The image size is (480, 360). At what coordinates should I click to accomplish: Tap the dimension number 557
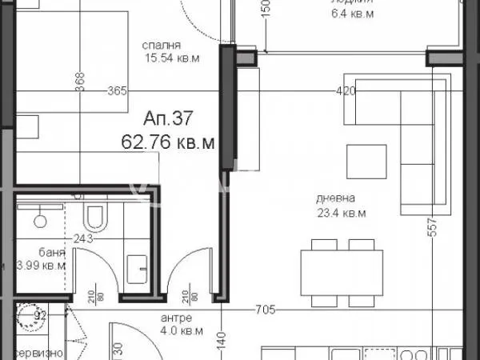433,230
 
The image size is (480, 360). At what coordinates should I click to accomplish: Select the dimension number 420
346,91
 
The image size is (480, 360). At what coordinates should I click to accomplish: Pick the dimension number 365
117,91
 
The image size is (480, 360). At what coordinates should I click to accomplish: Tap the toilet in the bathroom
95,217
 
